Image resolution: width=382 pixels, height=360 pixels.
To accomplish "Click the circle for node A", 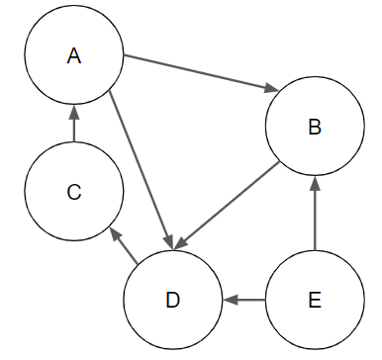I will (73, 56).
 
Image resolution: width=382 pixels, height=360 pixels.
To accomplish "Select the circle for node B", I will (314, 127).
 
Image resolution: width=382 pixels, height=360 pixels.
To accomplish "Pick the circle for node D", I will (173, 298).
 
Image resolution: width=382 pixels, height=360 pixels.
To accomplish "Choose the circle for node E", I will (314, 298).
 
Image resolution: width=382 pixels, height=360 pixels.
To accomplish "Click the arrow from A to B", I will (198, 72).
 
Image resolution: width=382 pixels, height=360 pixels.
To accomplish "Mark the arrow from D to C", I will (124, 246).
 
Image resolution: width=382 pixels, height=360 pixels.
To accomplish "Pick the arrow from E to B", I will (314, 214).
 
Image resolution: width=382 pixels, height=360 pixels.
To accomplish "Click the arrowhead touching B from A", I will (270, 91).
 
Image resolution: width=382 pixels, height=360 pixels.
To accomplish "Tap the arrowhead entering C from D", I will (114, 235).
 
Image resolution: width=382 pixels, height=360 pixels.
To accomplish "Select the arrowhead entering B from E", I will (314, 182).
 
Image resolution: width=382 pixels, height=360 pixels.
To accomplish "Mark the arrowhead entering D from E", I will (228, 298).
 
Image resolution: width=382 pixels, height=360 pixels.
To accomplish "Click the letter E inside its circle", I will (314, 299).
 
